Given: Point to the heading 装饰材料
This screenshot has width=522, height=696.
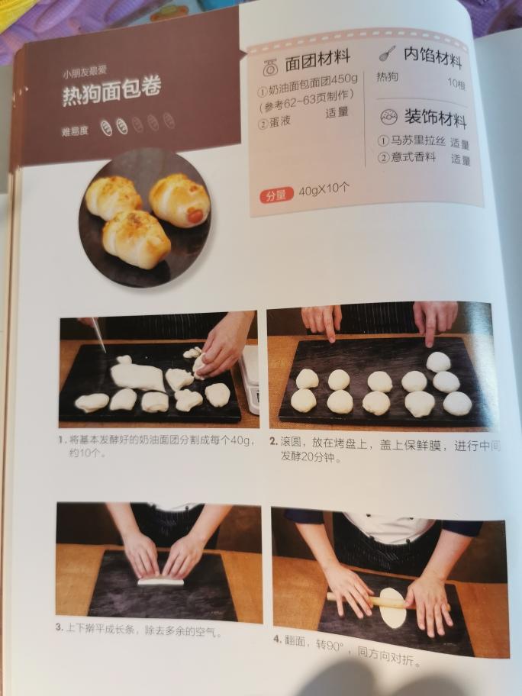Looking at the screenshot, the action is (x=435, y=118).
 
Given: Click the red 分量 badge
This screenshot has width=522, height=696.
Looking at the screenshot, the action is (x=276, y=195).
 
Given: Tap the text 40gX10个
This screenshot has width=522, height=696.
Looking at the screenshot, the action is (x=324, y=189).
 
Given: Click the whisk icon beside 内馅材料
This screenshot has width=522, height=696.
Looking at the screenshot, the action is (x=387, y=53).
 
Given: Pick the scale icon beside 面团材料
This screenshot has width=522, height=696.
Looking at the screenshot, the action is (x=270, y=67).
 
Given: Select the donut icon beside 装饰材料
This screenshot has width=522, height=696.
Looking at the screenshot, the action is (x=389, y=117).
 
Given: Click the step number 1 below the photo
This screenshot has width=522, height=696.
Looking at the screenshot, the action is (x=61, y=440).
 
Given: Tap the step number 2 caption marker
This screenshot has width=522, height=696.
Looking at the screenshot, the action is (x=273, y=441).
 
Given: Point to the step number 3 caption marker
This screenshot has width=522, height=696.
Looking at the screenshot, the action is (x=60, y=627).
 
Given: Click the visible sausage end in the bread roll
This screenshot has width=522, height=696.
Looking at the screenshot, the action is (x=195, y=216).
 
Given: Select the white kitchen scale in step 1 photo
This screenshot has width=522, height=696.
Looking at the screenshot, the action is (x=250, y=379).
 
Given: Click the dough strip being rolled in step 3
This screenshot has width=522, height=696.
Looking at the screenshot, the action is (x=160, y=581).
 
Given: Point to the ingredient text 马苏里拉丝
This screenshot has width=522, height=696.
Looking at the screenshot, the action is (x=417, y=141).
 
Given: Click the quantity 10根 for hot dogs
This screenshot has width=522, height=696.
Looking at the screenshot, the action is (x=456, y=83).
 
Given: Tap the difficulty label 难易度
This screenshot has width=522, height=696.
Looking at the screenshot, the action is (x=75, y=131).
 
